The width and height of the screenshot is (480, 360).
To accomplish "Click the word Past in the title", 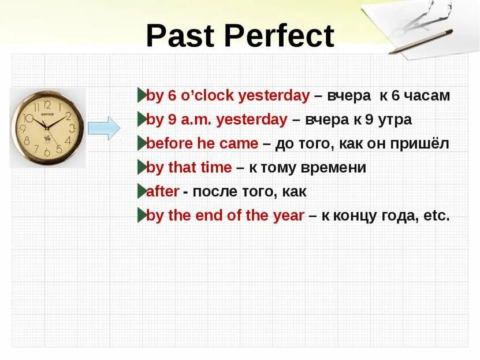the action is pos(180,36).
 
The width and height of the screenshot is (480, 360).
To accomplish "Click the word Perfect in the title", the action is pos(280,36).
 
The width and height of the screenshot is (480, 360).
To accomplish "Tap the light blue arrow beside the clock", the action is pos(104,128).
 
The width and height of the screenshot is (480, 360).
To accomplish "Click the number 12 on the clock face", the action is pos(47,105).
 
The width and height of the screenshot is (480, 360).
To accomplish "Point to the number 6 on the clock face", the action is pos(47,152).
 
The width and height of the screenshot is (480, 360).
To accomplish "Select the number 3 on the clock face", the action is pos(72,128).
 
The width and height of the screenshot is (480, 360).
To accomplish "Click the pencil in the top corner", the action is pos(421,42).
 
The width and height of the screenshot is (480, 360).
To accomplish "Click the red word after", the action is pos(162,191).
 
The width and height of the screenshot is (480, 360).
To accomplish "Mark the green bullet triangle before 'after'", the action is pos(142,191).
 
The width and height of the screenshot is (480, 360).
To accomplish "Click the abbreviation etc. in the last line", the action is pos(437,216).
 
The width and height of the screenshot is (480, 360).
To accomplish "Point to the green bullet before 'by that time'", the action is pos(142,167).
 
